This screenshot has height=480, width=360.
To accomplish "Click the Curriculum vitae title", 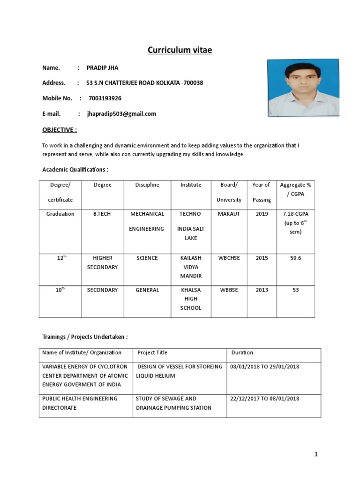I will [180, 50].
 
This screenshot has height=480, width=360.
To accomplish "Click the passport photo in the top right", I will [303, 88].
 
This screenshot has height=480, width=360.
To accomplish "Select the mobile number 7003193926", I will [105, 98].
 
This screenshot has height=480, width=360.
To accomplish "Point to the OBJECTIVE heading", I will [60, 130].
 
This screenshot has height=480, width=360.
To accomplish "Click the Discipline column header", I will [147, 185].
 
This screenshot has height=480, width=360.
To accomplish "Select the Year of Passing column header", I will [262, 192].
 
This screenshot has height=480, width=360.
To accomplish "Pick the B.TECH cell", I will [102, 214].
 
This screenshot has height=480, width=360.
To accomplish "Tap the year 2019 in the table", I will [262, 214].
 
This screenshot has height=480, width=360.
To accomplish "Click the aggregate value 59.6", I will [295, 258].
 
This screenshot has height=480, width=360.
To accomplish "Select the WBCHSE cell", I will [229, 258].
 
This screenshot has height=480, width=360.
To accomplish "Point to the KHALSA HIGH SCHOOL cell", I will [191, 299].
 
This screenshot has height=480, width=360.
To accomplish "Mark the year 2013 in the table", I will [262, 290].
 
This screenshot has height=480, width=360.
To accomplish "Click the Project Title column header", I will [152, 352].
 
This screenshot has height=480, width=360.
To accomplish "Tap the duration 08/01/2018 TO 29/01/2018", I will [265, 367].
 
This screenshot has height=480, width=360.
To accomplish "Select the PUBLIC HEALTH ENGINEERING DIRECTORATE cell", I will [80, 403].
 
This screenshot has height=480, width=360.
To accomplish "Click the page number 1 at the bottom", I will [316, 454].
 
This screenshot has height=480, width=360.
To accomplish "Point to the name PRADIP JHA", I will [102, 67].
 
